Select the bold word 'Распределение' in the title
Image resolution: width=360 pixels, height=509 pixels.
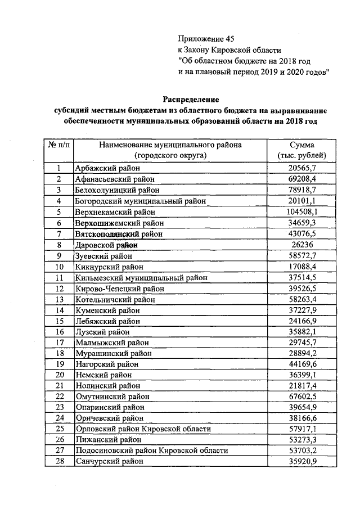coord(191,100)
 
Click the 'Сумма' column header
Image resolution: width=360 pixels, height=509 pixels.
coord(302,145)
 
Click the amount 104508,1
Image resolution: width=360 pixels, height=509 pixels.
coord(302,212)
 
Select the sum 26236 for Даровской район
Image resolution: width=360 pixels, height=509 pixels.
coord(302,245)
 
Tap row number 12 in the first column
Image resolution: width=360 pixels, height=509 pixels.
coord(58,289)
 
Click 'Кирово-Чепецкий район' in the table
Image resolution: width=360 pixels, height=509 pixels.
coord(119,289)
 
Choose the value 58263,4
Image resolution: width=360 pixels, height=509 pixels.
coord(302,300)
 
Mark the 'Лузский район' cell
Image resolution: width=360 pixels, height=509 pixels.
coord(101,332)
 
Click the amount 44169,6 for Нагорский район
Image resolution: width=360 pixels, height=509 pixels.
coord(302,364)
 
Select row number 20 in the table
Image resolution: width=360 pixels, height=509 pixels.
coord(58,375)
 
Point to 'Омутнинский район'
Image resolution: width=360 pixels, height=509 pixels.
coord(110,397)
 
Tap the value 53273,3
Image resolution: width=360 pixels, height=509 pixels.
coord(302,440)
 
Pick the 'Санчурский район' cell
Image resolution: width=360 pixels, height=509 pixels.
coord(108,461)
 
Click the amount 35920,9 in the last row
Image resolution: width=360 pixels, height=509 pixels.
coord(302,461)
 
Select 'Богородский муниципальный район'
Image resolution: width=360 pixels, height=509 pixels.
coord(140,201)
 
